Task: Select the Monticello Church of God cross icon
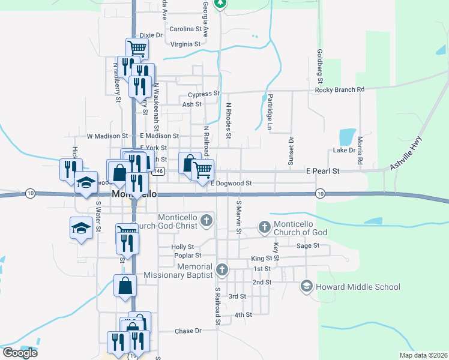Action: [264, 227]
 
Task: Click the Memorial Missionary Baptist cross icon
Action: [222, 269]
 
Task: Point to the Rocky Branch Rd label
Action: [340, 89]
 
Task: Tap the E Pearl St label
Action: [322, 171]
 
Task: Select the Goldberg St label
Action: [320, 67]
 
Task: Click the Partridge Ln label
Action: [270, 112]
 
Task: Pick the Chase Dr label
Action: [188, 331]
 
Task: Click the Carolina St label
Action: [185, 29]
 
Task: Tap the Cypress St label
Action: [204, 94]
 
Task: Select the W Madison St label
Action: [107, 136]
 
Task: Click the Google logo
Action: [19, 353]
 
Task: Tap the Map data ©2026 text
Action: [423, 355]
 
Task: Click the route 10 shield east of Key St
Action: [320, 193]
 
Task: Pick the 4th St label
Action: [243, 314]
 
